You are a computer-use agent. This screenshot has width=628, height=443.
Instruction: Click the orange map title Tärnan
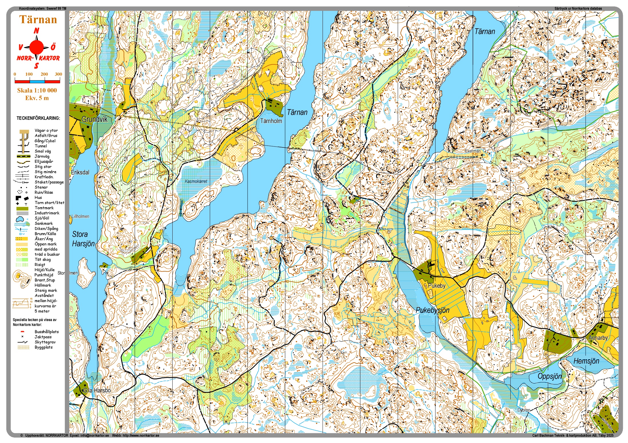(x=38, y=19)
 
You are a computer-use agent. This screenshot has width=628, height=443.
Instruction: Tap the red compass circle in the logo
(x=37, y=47)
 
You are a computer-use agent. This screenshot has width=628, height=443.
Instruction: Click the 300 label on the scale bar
(x=58, y=74)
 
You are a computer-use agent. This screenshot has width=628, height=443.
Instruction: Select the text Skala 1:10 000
(x=37, y=90)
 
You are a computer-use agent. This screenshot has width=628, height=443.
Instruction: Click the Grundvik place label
(x=94, y=119)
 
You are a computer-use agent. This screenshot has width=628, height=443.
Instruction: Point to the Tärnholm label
(x=271, y=121)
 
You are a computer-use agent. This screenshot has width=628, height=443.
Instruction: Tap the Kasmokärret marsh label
(x=196, y=181)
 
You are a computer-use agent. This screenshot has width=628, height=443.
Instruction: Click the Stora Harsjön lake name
(x=83, y=239)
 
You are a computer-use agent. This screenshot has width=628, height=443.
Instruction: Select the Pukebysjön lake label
(x=432, y=310)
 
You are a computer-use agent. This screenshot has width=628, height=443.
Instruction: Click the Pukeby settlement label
(x=437, y=286)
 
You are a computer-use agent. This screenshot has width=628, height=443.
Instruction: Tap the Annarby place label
(x=598, y=338)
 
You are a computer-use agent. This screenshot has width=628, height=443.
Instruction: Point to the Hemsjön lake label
(x=586, y=361)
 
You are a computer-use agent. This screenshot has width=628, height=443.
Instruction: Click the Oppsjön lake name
(x=550, y=376)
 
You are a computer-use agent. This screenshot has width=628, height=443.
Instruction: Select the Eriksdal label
(x=80, y=173)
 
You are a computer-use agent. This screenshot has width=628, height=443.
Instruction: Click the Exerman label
(x=473, y=151)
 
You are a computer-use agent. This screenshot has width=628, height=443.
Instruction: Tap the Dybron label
(x=524, y=410)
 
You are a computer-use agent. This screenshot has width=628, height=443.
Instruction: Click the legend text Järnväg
(x=42, y=156)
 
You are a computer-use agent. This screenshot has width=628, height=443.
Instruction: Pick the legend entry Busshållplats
(x=46, y=332)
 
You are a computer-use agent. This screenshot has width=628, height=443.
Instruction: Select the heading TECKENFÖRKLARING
(x=38, y=118)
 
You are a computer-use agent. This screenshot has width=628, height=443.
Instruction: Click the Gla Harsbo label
(x=96, y=391)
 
